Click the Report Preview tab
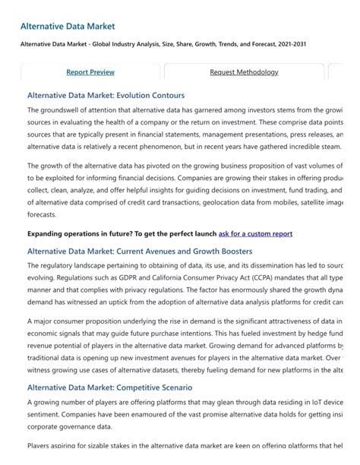point(90,72)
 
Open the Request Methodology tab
point(244,72)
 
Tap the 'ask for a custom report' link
point(255,234)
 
